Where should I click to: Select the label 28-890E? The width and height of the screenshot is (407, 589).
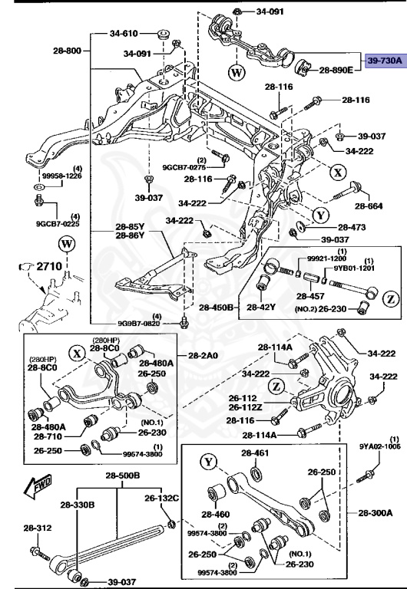click(x=336, y=70)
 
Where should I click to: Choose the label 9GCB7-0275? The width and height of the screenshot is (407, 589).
click(x=184, y=166)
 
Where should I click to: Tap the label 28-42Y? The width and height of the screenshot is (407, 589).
click(x=263, y=307)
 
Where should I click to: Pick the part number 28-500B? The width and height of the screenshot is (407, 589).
click(x=121, y=475)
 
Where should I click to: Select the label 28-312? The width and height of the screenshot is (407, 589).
click(x=37, y=528)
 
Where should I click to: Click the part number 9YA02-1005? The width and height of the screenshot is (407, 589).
click(x=379, y=446)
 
